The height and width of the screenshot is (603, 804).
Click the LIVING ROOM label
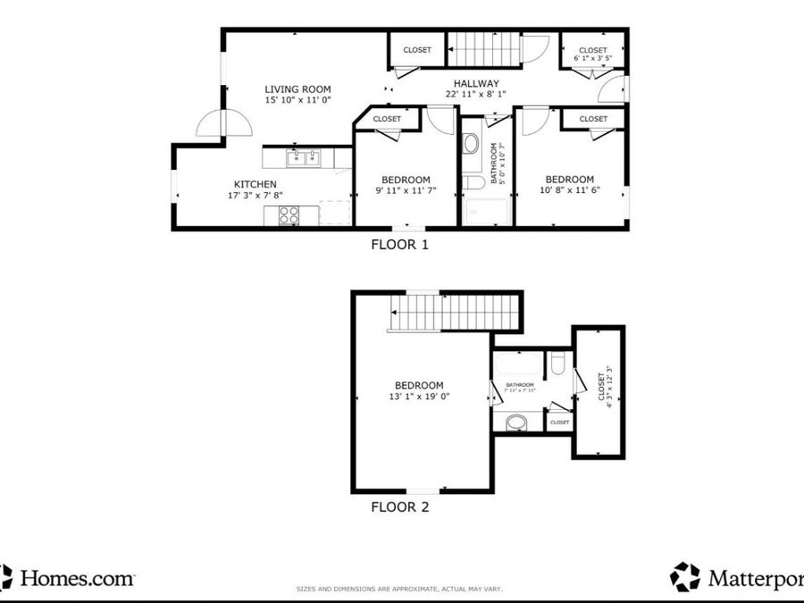(297, 89)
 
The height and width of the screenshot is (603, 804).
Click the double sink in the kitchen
(304, 158)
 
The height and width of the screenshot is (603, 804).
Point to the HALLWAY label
(475, 83)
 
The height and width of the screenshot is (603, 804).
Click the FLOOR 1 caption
(399, 244)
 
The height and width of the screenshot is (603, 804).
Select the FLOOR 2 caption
(399, 507)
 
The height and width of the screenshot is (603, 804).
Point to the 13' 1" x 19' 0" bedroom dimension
(419, 397)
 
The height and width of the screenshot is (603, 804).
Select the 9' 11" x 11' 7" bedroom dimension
(405, 190)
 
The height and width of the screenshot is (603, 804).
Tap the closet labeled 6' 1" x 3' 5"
(592, 54)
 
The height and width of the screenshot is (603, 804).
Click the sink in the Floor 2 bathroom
(515, 423)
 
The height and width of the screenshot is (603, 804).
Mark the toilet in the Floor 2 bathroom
(557, 362)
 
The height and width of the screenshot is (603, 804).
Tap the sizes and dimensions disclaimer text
(399, 589)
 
